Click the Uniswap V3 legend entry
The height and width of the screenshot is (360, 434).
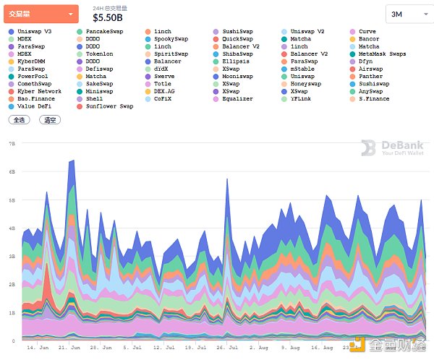pyautogui.click(x=35, y=32)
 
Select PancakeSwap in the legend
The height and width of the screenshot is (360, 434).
pyautogui.click(x=104, y=32)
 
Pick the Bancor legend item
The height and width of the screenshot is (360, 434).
pyautogui.click(x=368, y=39)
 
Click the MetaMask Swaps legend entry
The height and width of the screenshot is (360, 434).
pyautogui.click(x=382, y=54)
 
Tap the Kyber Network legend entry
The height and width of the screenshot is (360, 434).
pyautogui.click(x=39, y=92)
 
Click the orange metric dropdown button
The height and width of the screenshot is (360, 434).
pyautogui.click(x=41, y=14)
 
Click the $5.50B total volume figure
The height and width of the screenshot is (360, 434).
pyautogui.click(x=108, y=17)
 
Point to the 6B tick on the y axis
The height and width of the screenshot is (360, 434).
pyautogui.click(x=12, y=172)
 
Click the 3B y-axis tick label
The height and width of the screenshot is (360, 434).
pyautogui.click(x=12, y=256)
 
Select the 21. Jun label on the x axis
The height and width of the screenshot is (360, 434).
pyautogui.click(x=68, y=348)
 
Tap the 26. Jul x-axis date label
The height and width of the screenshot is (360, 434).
pyautogui.click(x=227, y=348)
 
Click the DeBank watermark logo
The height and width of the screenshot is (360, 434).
pyautogui.click(x=392, y=148)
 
